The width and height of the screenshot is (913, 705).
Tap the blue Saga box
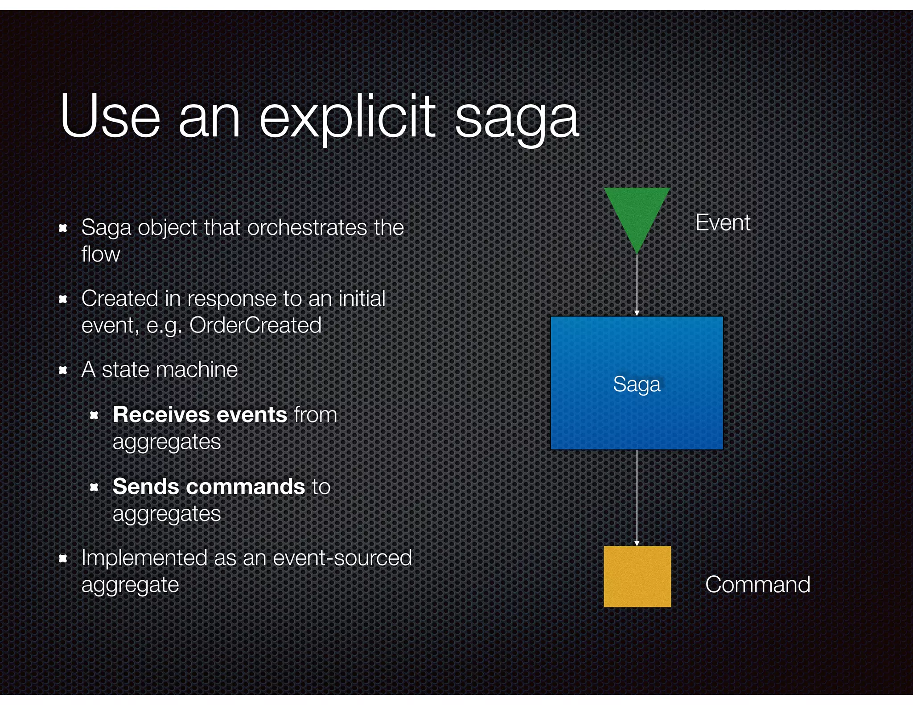[637, 383]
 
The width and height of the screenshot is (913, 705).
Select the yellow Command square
[637, 576]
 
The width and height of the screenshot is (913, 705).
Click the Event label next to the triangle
[723, 222]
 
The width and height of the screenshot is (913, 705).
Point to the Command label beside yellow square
[757, 584]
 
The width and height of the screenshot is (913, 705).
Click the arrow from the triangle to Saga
[637, 285]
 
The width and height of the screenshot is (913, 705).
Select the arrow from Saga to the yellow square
[637, 497]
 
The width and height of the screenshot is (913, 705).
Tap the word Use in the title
[110, 117]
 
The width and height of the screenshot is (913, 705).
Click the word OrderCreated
[255, 325]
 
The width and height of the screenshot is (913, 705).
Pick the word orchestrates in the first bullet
[307, 227]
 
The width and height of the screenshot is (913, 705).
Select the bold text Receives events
[200, 414]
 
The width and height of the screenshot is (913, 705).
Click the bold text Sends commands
[208, 486]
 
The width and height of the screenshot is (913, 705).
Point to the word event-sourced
[342, 558]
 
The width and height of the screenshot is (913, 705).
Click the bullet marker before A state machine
[63, 370]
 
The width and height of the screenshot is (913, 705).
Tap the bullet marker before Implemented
[63, 558]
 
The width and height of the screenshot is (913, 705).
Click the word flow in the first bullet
[101, 254]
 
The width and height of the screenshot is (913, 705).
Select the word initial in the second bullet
[362, 298]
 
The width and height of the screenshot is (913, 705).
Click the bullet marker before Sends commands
[94, 487]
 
